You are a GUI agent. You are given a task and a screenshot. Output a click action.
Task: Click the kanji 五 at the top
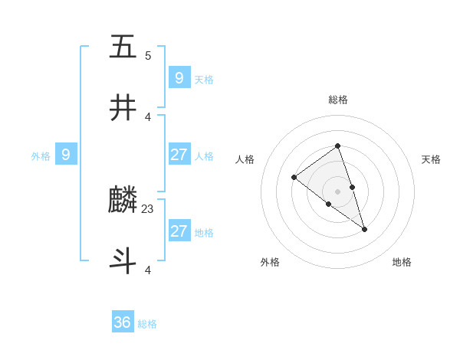[x=123, y=47]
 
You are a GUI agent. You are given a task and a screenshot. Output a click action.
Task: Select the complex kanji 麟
[x=123, y=200]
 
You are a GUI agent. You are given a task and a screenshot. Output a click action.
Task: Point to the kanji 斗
[x=123, y=261]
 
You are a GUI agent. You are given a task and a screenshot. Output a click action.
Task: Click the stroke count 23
[x=148, y=208]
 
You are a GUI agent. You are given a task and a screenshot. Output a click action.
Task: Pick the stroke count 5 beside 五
[x=148, y=55]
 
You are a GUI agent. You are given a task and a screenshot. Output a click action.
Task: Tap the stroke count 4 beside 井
[x=148, y=116]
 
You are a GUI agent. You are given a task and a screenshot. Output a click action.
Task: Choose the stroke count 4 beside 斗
[x=148, y=270]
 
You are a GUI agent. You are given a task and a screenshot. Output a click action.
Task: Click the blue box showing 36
[x=123, y=322]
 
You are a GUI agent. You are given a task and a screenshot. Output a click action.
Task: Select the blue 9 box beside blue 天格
[x=179, y=77]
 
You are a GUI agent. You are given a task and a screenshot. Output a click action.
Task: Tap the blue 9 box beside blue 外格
[x=66, y=155]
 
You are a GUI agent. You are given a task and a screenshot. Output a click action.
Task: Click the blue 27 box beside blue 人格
[x=179, y=155]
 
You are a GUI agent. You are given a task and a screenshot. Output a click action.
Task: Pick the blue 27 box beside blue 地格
[x=179, y=231]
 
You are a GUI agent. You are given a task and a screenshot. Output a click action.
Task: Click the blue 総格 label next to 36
[x=147, y=324]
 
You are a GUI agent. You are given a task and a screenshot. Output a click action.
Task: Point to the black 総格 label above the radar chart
[x=337, y=100]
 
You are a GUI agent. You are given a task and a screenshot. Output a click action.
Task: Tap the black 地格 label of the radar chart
[x=402, y=262]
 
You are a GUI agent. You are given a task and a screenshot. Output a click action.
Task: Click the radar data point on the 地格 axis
[x=365, y=229]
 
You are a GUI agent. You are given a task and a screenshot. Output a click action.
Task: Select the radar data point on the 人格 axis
[x=294, y=178]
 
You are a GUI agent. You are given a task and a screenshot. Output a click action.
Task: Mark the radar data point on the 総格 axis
[x=337, y=146]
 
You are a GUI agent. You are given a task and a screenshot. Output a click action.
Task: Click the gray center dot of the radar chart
[x=337, y=191]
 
